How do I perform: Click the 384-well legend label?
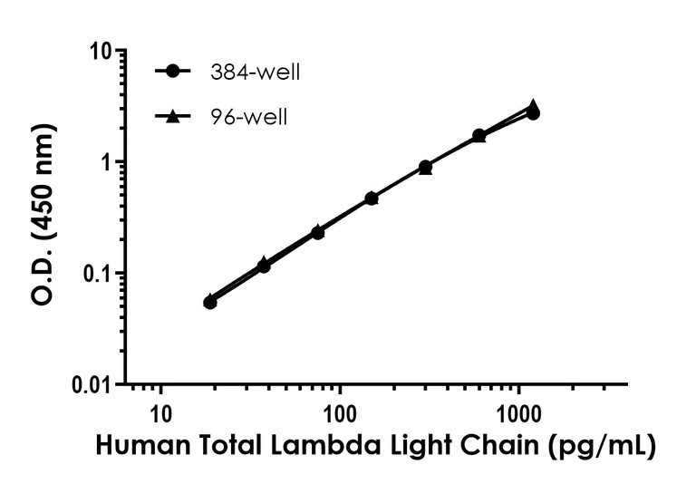point(253,73)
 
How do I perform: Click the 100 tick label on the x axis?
point(340,415)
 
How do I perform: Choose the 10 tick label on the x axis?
point(160,415)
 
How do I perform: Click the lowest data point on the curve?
point(209,302)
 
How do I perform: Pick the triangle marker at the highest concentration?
point(534,106)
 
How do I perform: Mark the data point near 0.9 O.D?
point(425,168)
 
